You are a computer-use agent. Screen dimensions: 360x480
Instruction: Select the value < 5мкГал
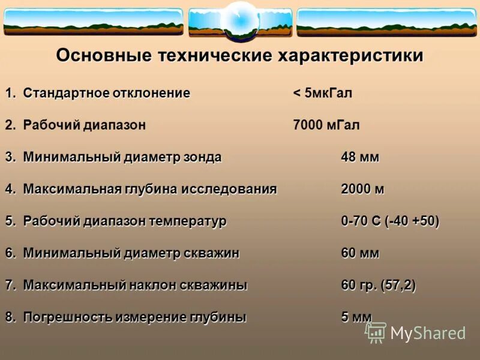322,94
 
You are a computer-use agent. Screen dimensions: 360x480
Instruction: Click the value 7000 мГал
326,125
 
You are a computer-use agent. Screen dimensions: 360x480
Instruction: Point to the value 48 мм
360,157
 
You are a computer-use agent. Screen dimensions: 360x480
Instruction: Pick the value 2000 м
362,190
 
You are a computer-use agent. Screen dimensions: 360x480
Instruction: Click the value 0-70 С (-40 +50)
390,221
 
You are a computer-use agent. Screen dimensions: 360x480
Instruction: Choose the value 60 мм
360,253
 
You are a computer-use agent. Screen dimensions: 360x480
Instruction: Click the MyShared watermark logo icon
376,332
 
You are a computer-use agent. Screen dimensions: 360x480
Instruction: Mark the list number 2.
10,125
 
